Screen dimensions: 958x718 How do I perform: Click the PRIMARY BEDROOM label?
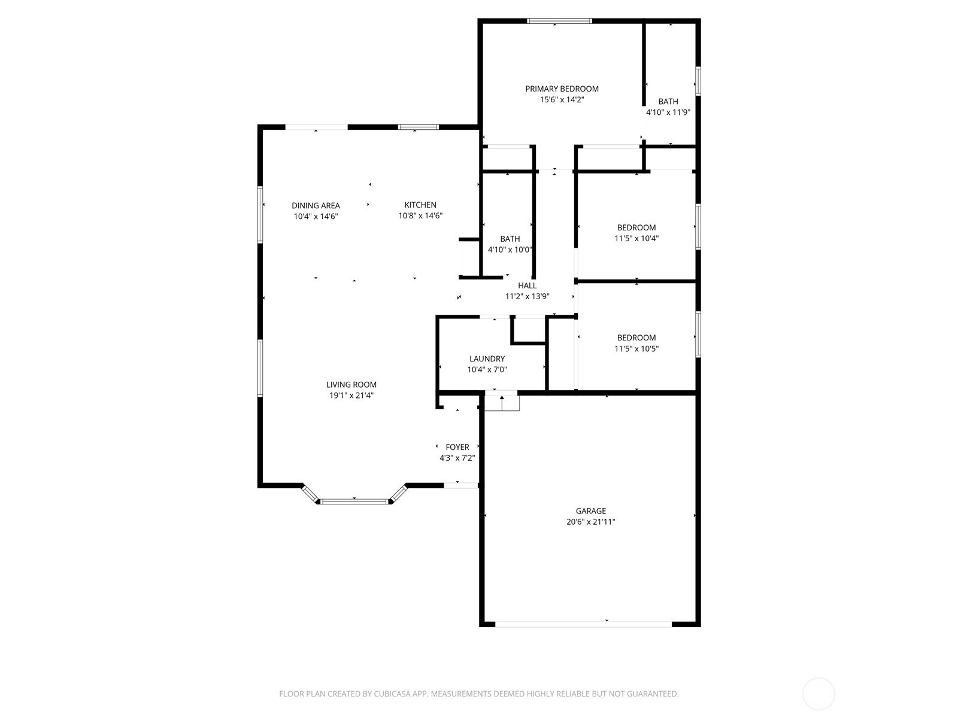tap(561, 89)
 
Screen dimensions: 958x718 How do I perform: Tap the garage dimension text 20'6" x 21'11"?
tap(590, 522)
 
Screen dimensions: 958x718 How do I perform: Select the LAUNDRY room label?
tap(487, 359)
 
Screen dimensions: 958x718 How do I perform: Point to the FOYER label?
tap(457, 448)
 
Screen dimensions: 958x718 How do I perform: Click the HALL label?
tap(527, 286)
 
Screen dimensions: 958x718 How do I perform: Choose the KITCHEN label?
tap(420, 205)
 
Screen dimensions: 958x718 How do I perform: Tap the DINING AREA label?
tap(316, 206)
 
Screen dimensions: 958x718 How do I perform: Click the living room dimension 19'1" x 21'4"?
tap(351, 396)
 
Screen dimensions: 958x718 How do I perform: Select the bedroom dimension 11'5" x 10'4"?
tap(636, 239)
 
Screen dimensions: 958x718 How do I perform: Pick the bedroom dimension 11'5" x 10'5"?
tap(636, 349)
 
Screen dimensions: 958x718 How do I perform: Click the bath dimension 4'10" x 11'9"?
tap(668, 112)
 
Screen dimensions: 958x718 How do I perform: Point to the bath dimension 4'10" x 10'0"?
tap(510, 250)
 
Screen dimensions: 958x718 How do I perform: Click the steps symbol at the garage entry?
tap(502, 401)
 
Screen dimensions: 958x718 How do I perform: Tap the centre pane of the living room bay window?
tap(354, 502)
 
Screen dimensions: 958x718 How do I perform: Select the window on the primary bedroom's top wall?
tap(559, 21)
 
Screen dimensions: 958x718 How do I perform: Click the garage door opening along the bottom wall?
tap(583, 624)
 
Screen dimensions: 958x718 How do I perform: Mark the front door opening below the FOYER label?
tap(461, 486)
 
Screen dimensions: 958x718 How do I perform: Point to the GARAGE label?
tap(590, 511)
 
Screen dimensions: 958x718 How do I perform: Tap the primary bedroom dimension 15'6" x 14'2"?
tap(562, 100)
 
